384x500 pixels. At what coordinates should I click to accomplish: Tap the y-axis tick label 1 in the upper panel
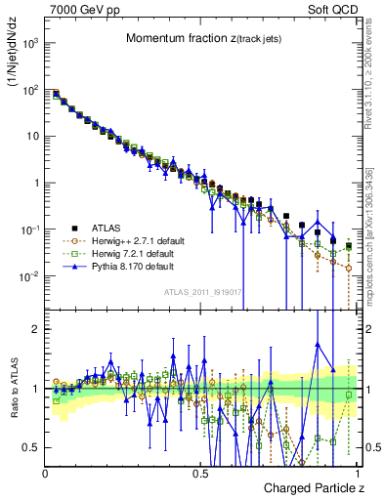point(37,183)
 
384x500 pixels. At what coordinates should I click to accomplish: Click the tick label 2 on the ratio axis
point(37,329)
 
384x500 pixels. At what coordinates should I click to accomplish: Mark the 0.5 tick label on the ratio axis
point(32,447)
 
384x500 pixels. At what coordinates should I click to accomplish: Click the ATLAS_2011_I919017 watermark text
point(200,291)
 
